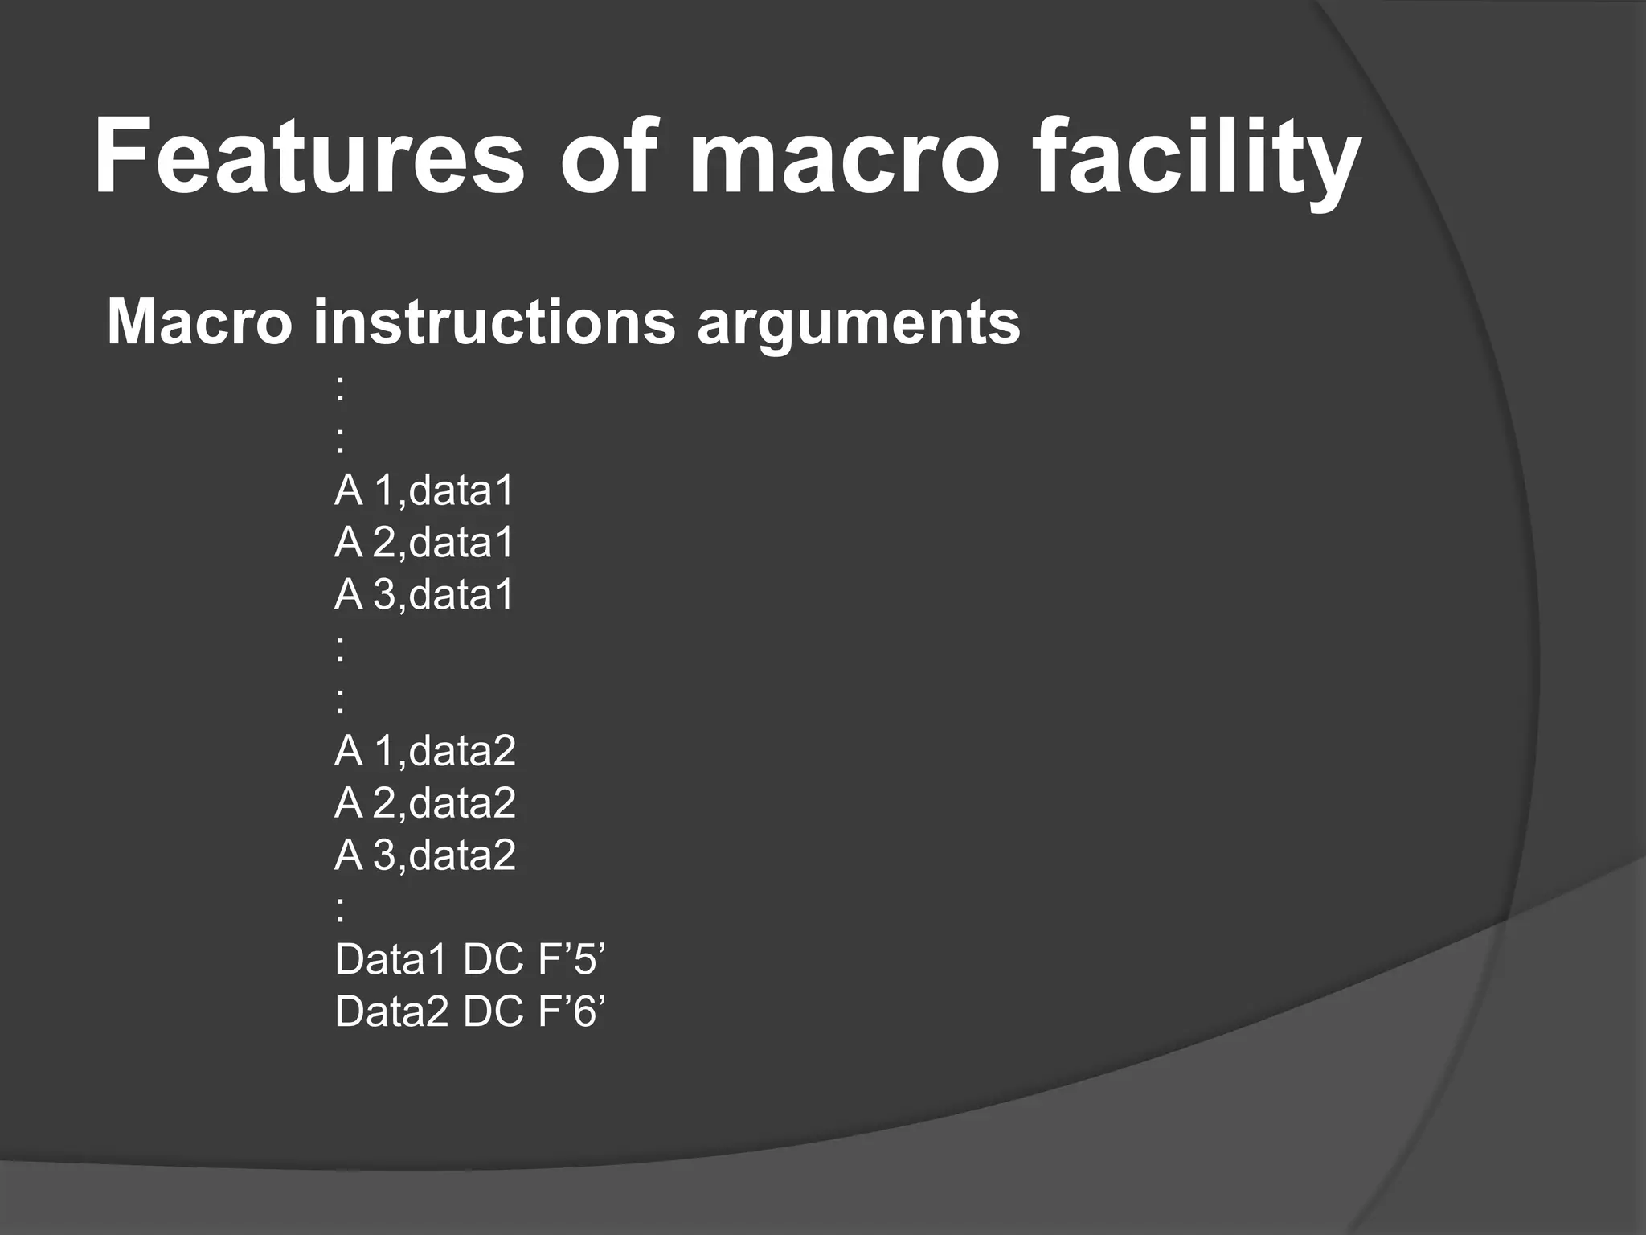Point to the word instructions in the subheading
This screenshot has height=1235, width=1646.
494,322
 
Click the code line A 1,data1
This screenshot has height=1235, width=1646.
424,490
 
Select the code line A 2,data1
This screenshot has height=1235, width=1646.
424,542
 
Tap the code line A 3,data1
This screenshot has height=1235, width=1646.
424,594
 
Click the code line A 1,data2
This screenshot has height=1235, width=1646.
424,750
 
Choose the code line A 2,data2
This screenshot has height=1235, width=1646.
424,802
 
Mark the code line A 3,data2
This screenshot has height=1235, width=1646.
424,855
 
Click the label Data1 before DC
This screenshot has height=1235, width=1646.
391,959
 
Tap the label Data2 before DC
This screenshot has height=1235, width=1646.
391,1011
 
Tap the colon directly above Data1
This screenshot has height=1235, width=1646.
341,909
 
